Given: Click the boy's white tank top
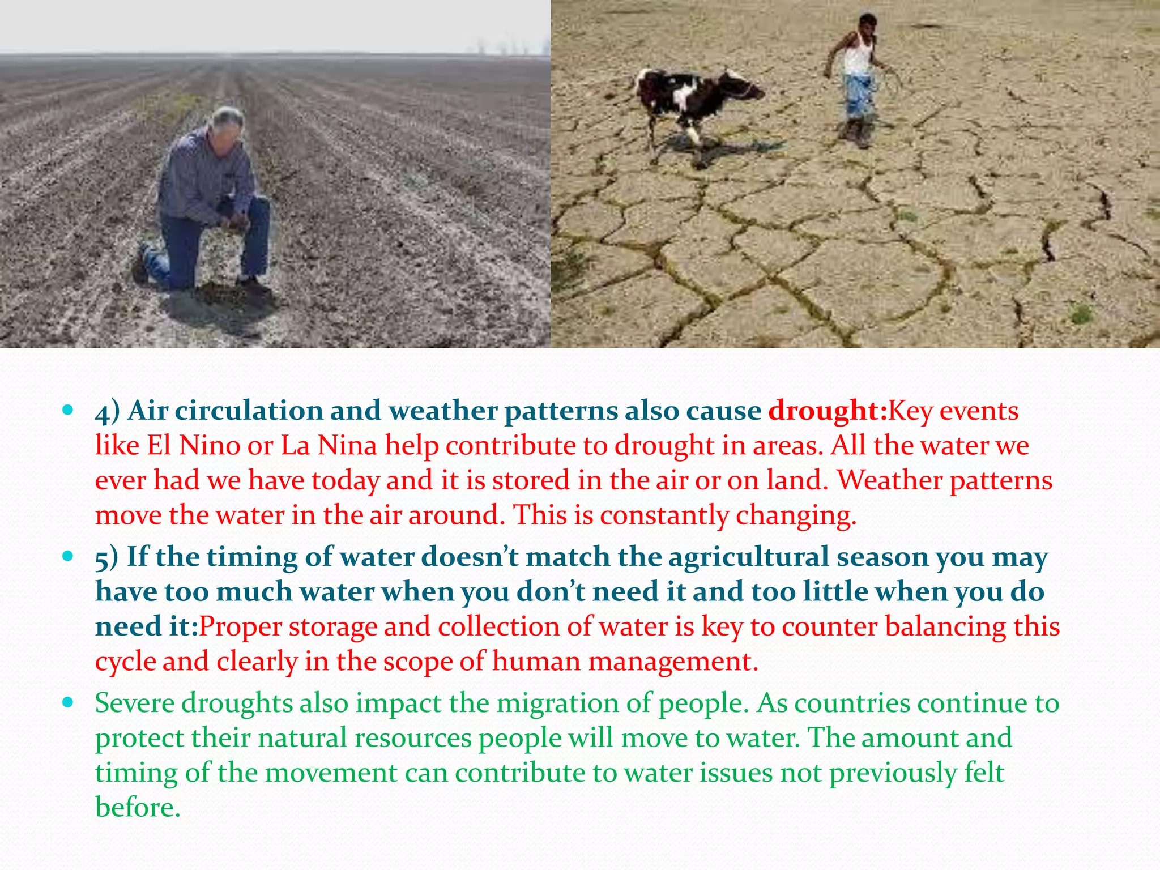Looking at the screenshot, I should click(x=858, y=57).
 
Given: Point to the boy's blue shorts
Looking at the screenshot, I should click(x=859, y=96).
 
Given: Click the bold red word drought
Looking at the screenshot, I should click(x=828, y=411).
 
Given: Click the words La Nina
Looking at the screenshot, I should click(x=329, y=445).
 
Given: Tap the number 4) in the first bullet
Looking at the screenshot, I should click(x=107, y=411).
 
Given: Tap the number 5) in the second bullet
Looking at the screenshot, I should click(x=106, y=557).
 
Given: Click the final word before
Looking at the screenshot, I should click(x=137, y=807).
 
